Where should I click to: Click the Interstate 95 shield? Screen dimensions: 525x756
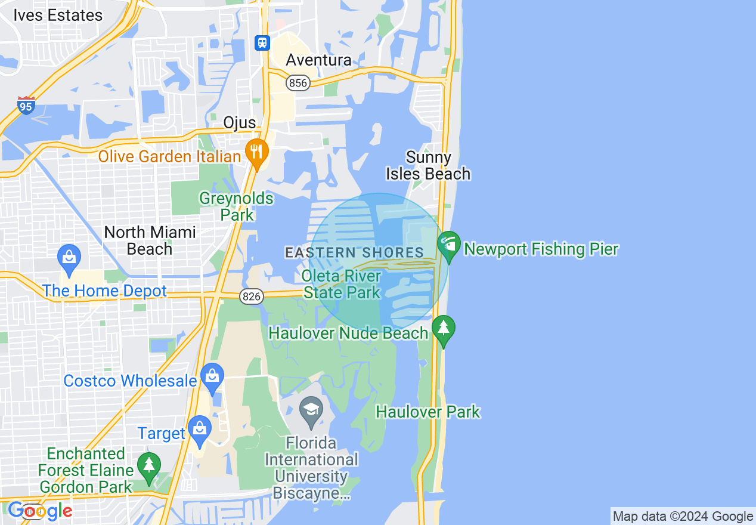point(26,105)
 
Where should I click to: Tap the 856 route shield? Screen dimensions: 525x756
point(298,83)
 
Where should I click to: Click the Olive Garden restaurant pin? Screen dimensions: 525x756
point(256,152)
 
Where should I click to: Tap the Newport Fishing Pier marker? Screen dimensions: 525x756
point(449,245)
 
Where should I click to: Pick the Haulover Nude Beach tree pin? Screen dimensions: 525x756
point(443,329)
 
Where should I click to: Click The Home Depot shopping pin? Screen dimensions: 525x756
point(69,258)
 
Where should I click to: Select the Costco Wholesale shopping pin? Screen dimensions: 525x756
point(212,376)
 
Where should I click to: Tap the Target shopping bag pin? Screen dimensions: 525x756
point(199,429)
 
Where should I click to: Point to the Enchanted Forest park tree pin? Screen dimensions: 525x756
point(148,465)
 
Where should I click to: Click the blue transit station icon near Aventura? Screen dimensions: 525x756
point(262,43)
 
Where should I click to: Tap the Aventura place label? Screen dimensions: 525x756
point(318,60)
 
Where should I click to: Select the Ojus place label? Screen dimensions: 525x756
point(239,123)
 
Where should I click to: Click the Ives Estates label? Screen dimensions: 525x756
point(58,16)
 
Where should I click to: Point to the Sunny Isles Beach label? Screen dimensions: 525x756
point(428,165)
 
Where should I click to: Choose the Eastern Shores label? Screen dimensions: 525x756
point(354,253)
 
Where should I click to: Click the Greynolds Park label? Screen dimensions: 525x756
point(236,206)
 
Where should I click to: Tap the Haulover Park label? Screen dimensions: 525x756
point(427,412)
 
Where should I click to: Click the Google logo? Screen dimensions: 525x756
point(40,511)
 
